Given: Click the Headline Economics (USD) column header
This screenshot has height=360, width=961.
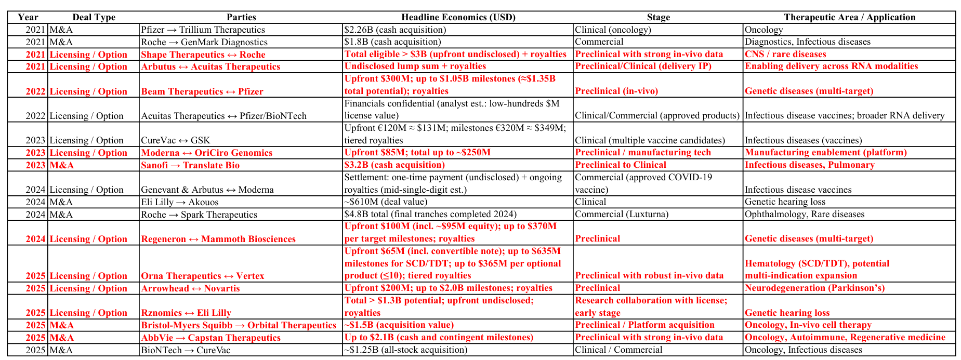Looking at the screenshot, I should [458, 17].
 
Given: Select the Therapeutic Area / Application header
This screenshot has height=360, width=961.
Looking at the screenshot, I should [849, 17].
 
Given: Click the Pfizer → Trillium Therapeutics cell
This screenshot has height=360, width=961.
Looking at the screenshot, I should [203, 30].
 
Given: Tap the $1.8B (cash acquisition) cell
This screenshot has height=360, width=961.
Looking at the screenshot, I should [392, 42].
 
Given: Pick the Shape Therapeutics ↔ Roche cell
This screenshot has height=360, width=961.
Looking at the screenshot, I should [203, 55].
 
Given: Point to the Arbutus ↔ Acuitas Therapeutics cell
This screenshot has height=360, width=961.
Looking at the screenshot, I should [210, 66].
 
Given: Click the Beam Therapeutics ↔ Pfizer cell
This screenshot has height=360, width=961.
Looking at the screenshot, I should [202, 91].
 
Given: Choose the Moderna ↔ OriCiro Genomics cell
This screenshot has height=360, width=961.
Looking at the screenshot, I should [207, 153].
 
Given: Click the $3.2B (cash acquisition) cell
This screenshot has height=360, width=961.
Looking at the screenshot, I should [394, 165].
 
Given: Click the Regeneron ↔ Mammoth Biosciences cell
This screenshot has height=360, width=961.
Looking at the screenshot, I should [218, 239].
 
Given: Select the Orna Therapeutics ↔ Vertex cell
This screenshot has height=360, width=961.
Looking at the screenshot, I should [203, 276].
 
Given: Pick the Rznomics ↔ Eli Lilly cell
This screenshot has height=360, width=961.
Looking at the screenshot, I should [186, 313].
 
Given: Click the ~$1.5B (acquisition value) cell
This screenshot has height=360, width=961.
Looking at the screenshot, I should [399, 325].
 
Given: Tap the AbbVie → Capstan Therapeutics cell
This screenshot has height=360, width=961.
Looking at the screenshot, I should [210, 338].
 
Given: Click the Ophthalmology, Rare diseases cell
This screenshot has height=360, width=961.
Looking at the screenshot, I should [805, 214].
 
